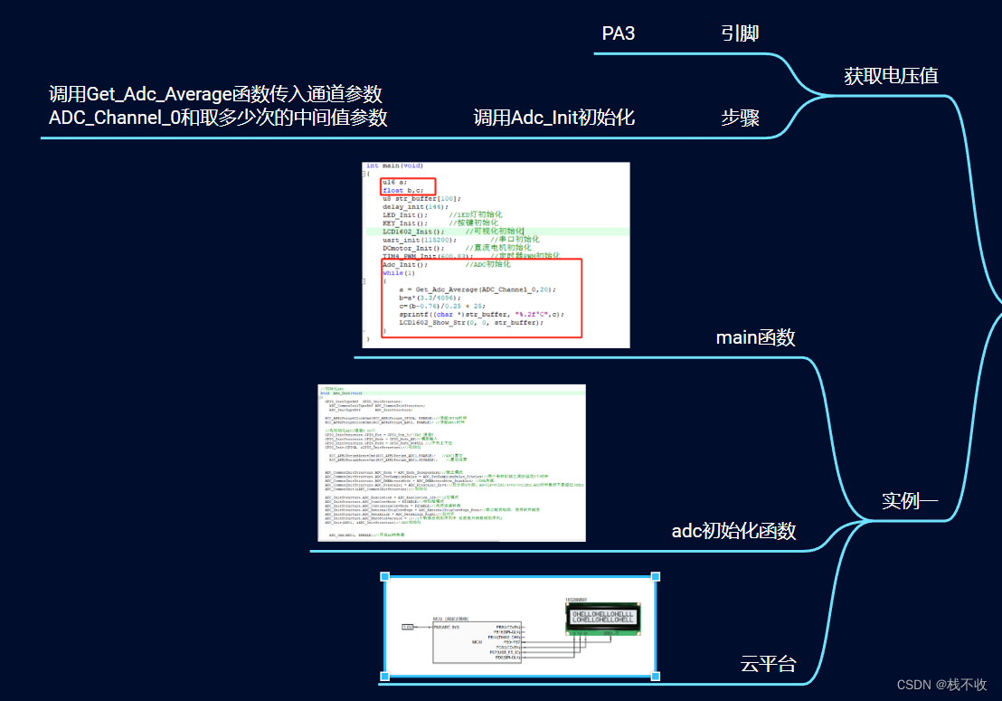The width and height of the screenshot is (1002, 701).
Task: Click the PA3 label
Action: [619, 34]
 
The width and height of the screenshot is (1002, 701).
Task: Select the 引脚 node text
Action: [740, 34]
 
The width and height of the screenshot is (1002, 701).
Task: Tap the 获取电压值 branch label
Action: [891, 76]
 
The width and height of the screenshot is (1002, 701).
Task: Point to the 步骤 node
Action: [740, 118]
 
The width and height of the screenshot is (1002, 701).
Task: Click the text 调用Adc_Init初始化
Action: [553, 118]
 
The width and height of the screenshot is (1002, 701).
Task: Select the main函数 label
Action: [755, 337]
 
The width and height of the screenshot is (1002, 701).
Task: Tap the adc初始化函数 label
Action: [733, 531]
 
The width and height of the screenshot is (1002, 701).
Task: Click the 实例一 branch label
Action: [910, 500]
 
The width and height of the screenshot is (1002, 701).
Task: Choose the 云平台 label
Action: [768, 664]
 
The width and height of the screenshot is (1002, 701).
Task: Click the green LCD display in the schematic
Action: [600, 619]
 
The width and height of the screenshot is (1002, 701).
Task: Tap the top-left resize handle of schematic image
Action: [384, 576]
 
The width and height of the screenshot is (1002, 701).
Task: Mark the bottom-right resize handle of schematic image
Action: [655, 677]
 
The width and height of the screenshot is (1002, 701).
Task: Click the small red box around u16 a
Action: [407, 185]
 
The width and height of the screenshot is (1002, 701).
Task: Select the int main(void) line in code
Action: [394, 166]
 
